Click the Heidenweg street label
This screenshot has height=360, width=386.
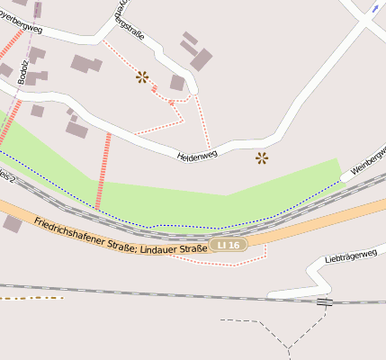197,156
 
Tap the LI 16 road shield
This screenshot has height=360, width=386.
229,245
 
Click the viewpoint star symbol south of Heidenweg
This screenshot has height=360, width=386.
262,158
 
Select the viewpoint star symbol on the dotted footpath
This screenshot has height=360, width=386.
142,77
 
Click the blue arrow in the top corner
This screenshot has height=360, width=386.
374,8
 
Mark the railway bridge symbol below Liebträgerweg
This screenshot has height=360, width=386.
324,302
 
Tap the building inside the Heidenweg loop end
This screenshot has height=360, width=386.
177,83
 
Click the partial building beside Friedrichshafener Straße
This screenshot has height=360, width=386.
12,223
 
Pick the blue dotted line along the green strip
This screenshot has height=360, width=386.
180,225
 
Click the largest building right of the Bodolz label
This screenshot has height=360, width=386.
86,64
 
